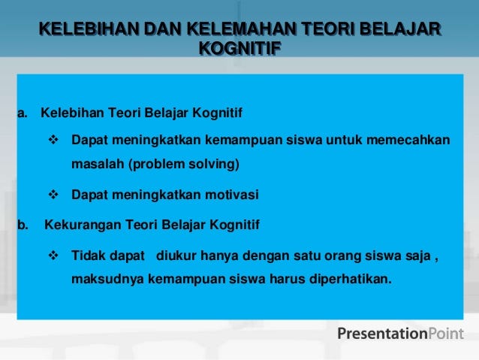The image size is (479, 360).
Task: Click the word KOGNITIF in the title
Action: click(x=240, y=48)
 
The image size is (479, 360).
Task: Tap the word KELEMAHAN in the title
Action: click(x=241, y=29)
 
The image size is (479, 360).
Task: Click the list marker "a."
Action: click(x=23, y=113)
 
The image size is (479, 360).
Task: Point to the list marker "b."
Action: click(x=23, y=225)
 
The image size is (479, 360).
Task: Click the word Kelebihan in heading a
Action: click(x=72, y=113)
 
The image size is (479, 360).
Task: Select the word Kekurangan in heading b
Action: click(x=83, y=225)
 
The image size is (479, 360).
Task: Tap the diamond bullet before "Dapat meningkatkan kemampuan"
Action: click(x=53, y=140)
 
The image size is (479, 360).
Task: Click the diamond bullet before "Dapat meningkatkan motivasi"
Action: click(x=53, y=194)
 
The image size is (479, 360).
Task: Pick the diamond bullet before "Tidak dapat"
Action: click(x=53, y=255)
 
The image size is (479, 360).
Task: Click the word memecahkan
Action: click(x=408, y=140)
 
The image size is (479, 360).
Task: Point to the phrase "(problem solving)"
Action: click(x=184, y=165)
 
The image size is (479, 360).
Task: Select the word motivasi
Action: click(x=232, y=195)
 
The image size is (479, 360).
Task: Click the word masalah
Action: click(x=98, y=164)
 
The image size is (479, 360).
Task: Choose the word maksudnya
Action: click(x=107, y=279)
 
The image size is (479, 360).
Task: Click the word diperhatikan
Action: click(x=351, y=279)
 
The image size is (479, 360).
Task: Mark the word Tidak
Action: click(x=89, y=256)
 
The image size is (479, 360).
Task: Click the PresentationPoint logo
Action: click(x=400, y=334)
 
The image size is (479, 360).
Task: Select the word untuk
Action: click(x=344, y=140)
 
